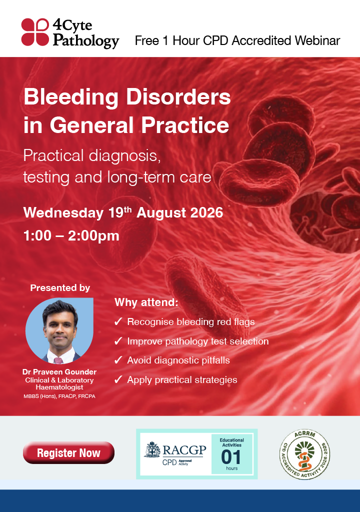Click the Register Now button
pos(68,452)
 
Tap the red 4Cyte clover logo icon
pos(35,31)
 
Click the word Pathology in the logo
pos(86,41)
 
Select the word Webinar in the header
pos(317,40)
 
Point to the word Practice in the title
pos(185,125)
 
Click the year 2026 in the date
pos(206,212)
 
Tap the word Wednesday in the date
pos(63,213)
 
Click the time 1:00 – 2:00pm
pos(71,236)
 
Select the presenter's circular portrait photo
pos(59,330)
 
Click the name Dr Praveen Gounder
pos(59,372)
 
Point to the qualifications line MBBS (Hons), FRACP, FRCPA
pos(59,396)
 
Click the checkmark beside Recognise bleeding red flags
pos(118,321)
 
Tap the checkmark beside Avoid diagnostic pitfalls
pos(118,360)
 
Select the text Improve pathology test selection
pos(198,341)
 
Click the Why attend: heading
pos(146,302)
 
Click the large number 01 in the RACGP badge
pos(231,457)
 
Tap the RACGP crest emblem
pos(152,449)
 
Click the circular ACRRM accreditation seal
pos(305,454)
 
